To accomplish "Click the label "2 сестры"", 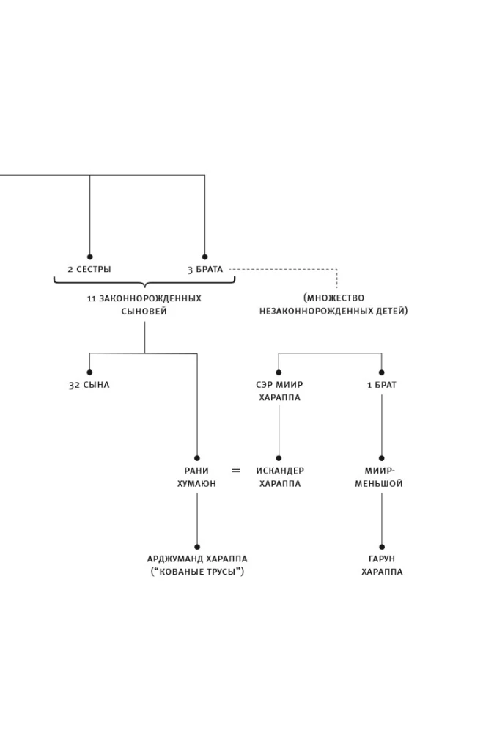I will (x=89, y=270).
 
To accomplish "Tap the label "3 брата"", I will (x=204, y=270).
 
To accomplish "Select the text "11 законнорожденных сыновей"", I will (x=144, y=305).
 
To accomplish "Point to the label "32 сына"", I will (x=89, y=385).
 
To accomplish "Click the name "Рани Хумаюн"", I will (x=196, y=477).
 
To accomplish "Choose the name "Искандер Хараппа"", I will (x=279, y=477).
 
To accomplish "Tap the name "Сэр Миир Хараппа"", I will (x=279, y=391).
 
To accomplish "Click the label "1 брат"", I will (x=381, y=385).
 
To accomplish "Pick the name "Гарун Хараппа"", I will (x=381, y=565).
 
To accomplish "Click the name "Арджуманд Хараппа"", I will (x=197, y=559).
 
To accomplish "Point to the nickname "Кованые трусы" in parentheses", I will (x=197, y=572).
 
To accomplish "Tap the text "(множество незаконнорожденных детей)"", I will (x=333, y=304).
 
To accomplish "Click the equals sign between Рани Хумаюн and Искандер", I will (x=236, y=471).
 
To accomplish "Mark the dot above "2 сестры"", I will (x=90, y=257).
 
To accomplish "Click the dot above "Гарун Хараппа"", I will (x=381, y=547).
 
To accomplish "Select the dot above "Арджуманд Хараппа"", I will (x=197, y=547).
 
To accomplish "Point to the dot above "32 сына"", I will (x=90, y=372).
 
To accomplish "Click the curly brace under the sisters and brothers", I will (x=144, y=281).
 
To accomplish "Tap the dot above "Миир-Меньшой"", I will (x=381, y=458).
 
